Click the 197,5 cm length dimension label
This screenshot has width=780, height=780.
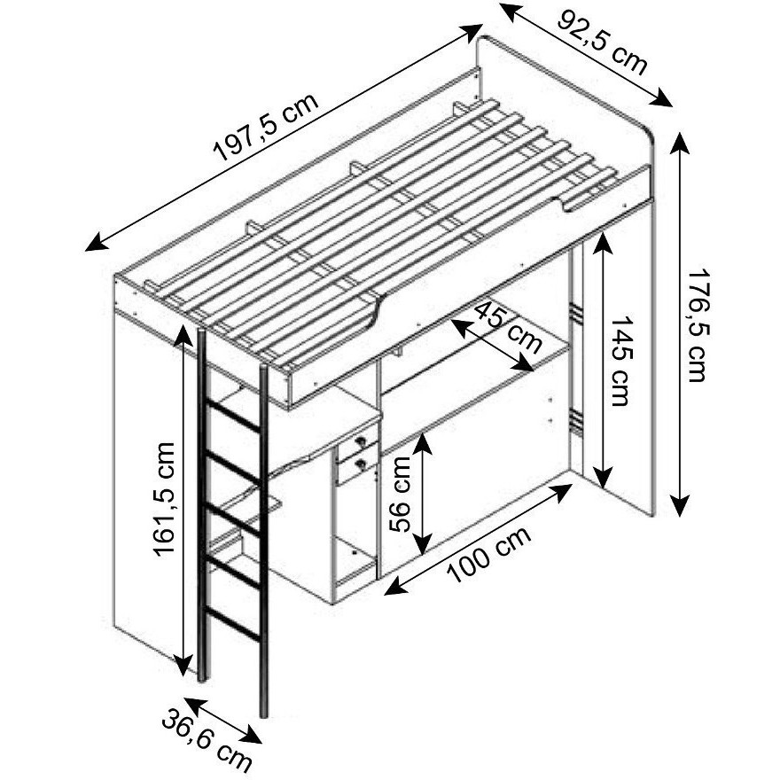[266, 127]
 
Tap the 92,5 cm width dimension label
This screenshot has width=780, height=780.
[603, 43]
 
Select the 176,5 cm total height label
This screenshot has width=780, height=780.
[697, 326]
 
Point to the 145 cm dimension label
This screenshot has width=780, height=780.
[620, 360]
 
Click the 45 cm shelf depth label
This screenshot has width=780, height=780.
[508, 327]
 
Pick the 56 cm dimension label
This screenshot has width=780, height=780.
[401, 494]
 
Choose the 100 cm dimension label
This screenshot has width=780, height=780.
[489, 554]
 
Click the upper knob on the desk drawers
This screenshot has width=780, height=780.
[361, 441]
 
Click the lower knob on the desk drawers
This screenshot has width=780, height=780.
[360, 464]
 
